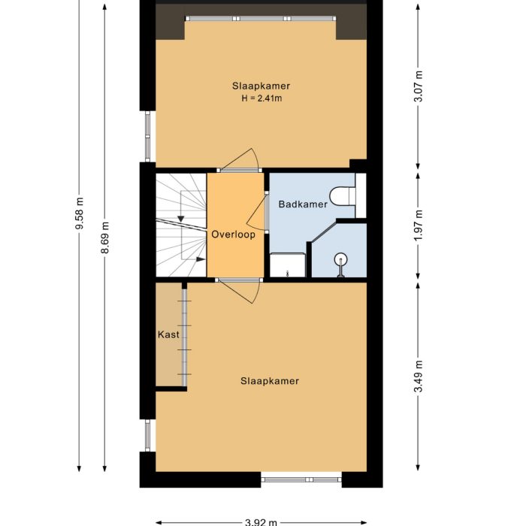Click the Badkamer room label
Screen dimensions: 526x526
point(303,204)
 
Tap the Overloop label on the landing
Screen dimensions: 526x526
point(233,234)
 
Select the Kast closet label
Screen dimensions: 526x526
point(168,334)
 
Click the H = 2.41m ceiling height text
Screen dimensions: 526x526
point(261,98)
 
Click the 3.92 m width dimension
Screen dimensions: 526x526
point(261,521)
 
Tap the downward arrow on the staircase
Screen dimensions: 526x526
point(181,218)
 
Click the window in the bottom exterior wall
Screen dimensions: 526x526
point(301,478)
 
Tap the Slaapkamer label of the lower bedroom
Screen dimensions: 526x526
point(270,381)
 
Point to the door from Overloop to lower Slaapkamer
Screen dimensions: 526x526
point(239,289)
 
